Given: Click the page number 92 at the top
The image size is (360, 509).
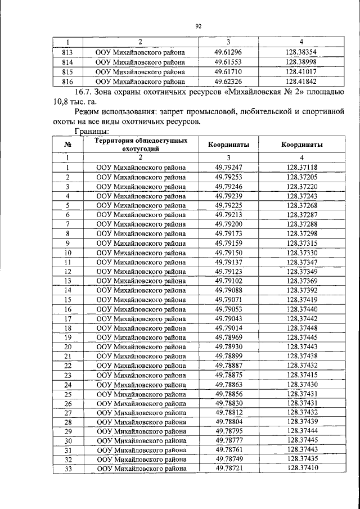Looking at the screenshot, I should pos(198,26).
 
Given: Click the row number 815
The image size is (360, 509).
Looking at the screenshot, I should pos(67,71).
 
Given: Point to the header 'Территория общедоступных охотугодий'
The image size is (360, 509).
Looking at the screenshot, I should pos(141,145).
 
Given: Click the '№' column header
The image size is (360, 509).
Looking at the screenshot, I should pos(67,145).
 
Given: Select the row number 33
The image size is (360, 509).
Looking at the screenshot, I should pos(67,469).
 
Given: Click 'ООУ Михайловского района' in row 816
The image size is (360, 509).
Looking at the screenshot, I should pos(141,81).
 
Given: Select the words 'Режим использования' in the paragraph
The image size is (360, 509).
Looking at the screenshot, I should pos(115,112).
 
